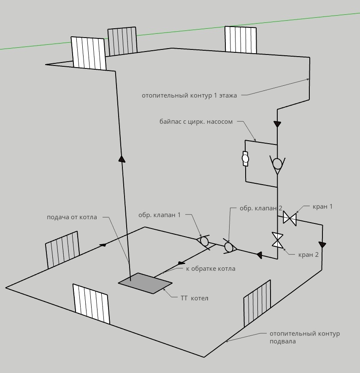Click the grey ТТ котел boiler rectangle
[x=145, y=283]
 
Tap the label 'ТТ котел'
[x=194, y=298]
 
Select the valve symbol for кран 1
[x=290, y=219]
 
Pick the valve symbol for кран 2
[x=277, y=240]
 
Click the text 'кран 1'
[x=322, y=207]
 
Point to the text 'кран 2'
[x=308, y=255]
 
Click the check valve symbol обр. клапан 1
[x=204, y=241]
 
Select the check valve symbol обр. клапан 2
[x=229, y=247]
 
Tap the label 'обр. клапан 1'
[x=159, y=215]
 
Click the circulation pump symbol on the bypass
[x=245, y=158]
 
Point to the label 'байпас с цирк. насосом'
[x=196, y=122]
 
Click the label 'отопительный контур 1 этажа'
[x=189, y=95]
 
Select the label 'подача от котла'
[x=72, y=217]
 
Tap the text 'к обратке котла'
[x=211, y=269]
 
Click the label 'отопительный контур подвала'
[x=304, y=337]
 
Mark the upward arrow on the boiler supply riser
[x=122, y=159]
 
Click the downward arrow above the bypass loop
[x=277, y=124]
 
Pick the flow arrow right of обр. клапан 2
[x=259, y=255]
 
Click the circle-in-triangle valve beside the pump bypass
[x=277, y=164]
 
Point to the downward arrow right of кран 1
[x=322, y=245]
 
